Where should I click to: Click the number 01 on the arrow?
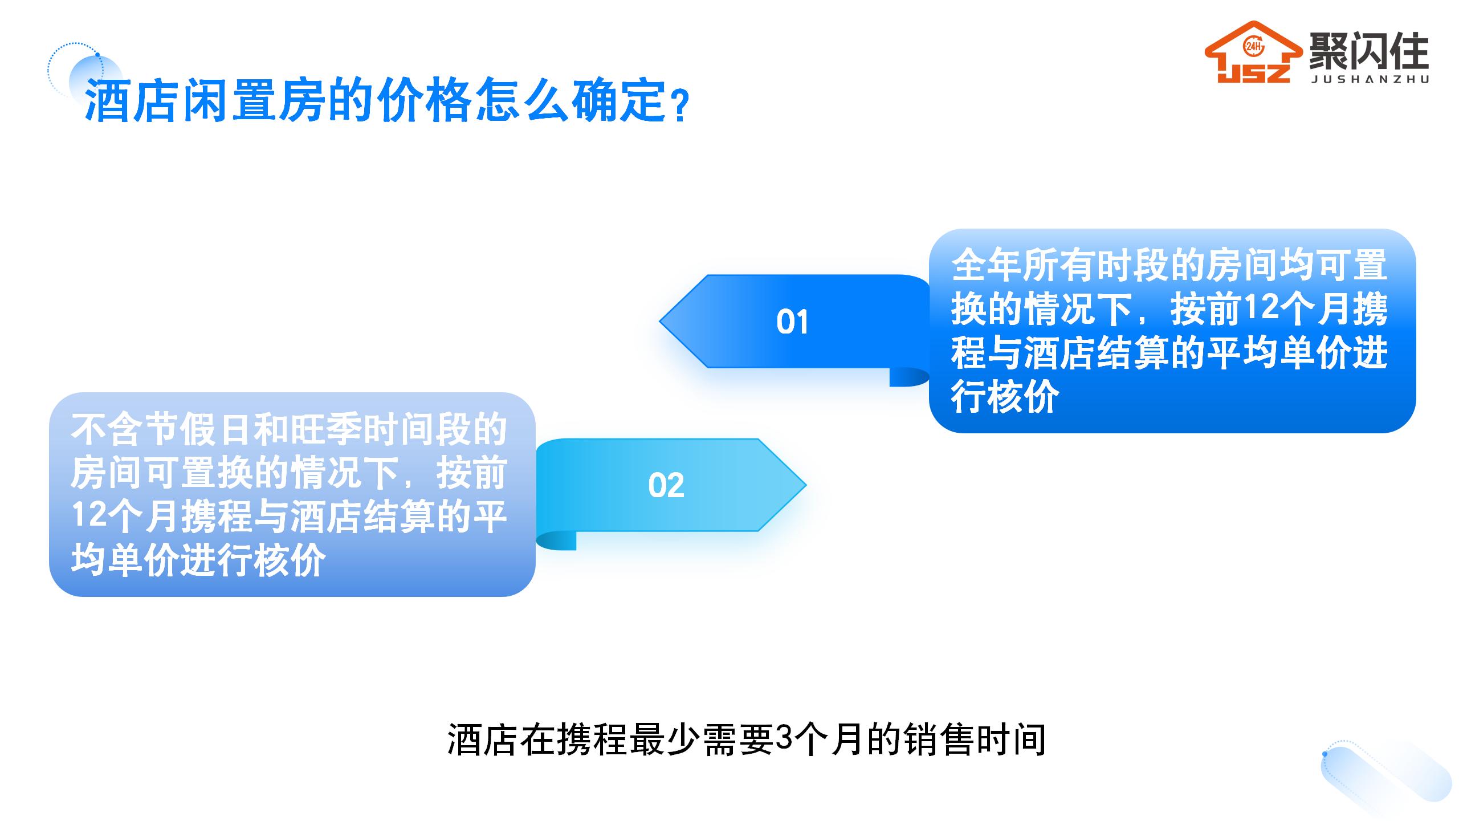792,322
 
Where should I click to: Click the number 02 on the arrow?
666,486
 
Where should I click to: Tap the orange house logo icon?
1253,52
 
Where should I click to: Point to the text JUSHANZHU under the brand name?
1370,80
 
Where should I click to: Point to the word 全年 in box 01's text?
987,266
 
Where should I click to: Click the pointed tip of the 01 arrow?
660,321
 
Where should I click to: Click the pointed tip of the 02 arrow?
805,485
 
